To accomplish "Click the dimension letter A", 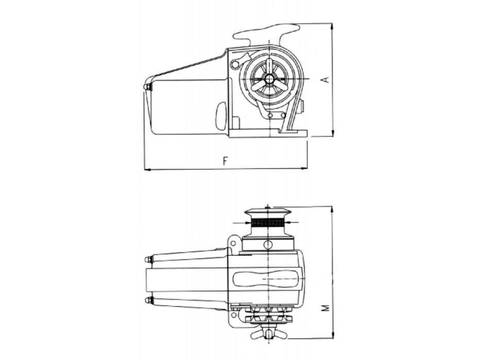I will pos(324,80).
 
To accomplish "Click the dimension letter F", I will pos(225,160).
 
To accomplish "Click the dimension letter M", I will pos(324,308).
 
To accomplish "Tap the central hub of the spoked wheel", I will pos(269,79).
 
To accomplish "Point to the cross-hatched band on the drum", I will pos(267,223).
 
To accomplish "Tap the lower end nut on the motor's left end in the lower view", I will pos(148,300).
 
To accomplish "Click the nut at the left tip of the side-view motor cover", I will pos(148,87).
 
